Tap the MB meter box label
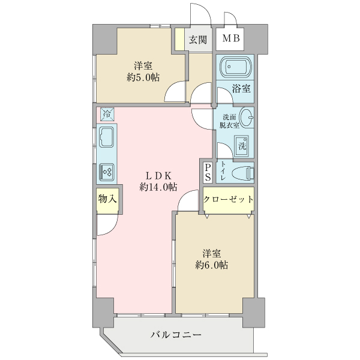coord(231,40)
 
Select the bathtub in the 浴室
coord(235,67)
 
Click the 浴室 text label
coord(241,89)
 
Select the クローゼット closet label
coord(228,200)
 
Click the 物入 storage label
coord(107,199)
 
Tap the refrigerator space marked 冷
coord(106,113)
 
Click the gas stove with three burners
coord(107,172)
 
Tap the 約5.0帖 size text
coord(143,77)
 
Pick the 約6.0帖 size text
coord(211,265)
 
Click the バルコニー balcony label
coord(175,335)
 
